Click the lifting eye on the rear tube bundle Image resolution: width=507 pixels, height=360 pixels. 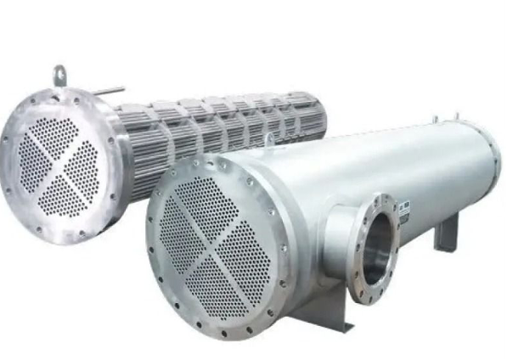tap(60, 75)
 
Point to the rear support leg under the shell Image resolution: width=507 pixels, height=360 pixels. tap(445, 230)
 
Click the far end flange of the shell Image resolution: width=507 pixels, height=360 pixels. tap(493, 166)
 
